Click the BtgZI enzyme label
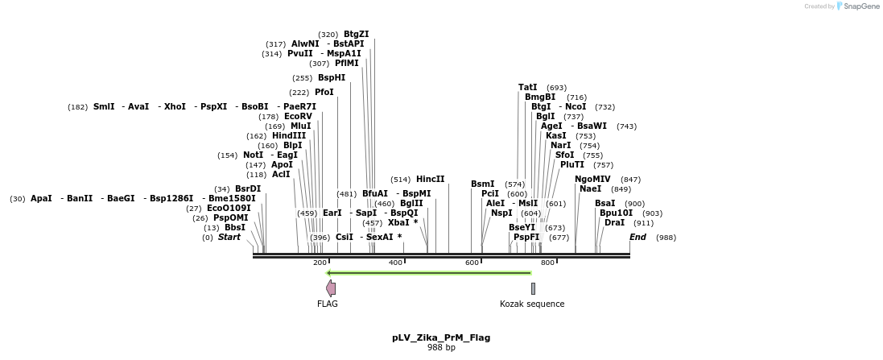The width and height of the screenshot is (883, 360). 356,35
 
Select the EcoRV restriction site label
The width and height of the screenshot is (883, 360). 298,117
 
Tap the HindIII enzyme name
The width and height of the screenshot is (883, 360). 289,136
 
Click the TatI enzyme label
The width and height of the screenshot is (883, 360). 527,88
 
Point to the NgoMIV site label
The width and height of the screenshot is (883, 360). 592,180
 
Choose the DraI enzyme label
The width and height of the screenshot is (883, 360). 614,223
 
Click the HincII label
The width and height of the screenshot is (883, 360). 431,180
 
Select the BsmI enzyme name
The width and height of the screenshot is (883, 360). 483,184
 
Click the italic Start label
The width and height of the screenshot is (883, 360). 229,238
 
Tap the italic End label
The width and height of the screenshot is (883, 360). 637,238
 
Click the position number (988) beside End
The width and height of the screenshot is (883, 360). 666,238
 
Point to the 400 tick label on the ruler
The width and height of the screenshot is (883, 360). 395,263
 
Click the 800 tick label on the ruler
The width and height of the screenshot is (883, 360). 548,263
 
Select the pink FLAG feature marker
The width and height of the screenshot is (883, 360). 331,288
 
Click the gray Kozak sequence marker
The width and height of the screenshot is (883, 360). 533,288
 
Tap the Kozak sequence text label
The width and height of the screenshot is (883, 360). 532,304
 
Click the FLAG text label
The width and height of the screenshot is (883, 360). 328,304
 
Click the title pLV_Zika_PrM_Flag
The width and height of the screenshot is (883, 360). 441,337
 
